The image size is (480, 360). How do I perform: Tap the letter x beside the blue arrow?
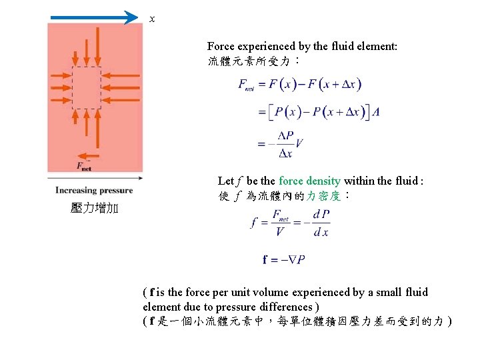152,19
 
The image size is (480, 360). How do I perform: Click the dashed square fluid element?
86,87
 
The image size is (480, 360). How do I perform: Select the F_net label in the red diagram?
83,165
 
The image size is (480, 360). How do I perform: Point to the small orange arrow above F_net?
84,154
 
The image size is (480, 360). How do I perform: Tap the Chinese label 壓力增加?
94,209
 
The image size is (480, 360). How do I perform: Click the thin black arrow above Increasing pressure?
95,179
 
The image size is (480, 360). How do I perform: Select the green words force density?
309,181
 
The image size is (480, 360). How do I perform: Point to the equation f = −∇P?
284,259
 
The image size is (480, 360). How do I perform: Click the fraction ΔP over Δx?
285,144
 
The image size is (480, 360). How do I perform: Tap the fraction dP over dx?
321,223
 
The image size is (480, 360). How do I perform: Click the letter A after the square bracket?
377,112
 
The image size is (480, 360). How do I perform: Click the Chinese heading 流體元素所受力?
249,61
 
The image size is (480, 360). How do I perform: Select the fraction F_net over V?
279,223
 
